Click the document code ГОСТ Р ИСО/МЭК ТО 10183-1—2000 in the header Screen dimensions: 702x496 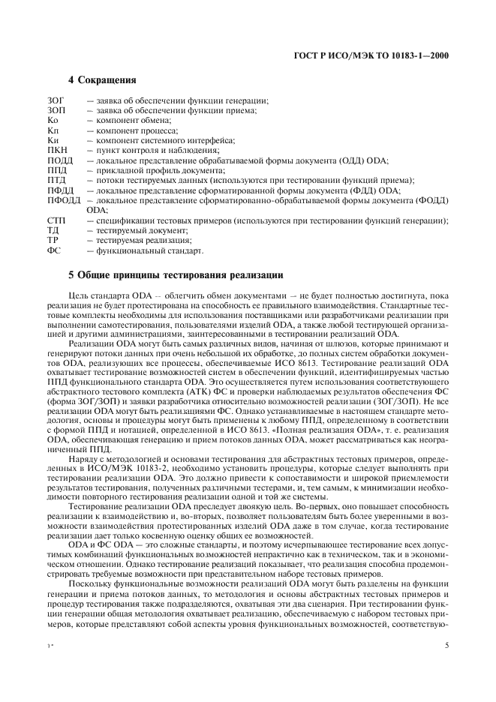[380, 55]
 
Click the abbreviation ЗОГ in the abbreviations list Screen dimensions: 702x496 [56, 100]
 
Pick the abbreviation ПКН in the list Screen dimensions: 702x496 [57, 150]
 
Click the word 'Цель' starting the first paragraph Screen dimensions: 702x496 [78, 296]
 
